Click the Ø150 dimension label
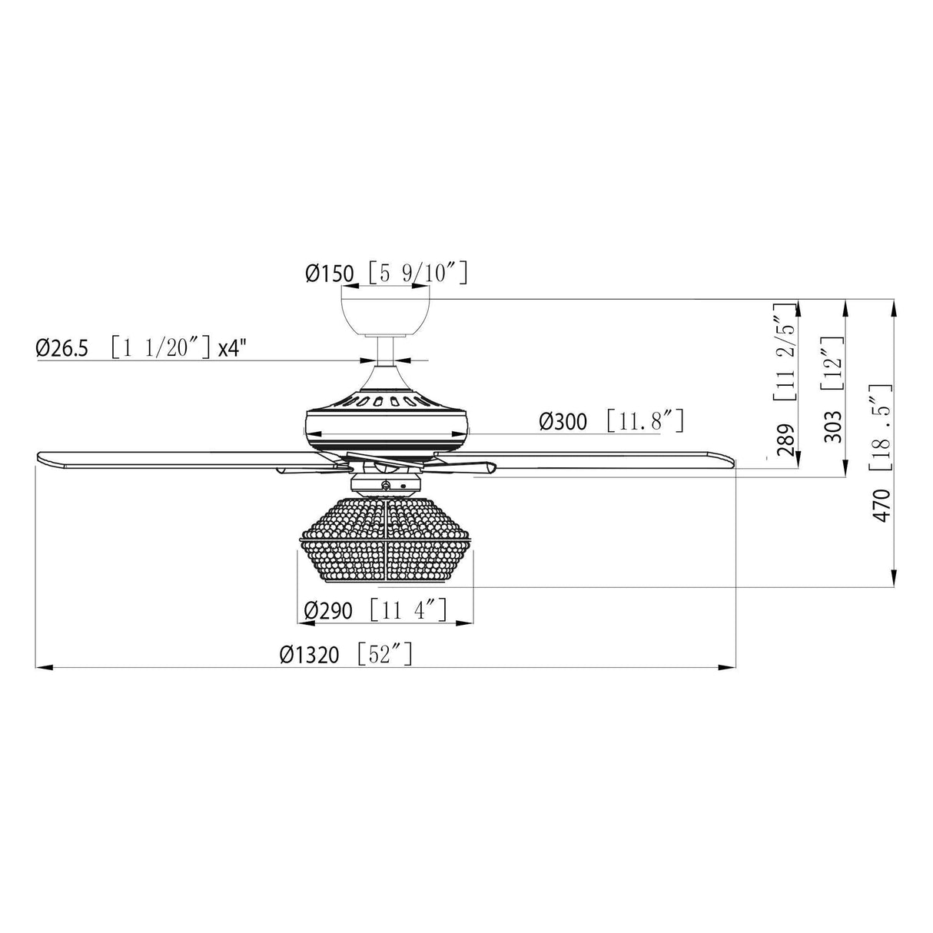[329, 274]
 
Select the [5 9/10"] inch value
[417, 273]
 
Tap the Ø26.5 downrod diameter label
[61, 348]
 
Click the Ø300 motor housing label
[563, 421]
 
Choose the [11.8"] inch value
[644, 421]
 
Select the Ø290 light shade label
[328, 610]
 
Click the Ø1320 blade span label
[309, 655]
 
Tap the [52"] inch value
[386, 655]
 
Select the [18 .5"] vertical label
[881, 427]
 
